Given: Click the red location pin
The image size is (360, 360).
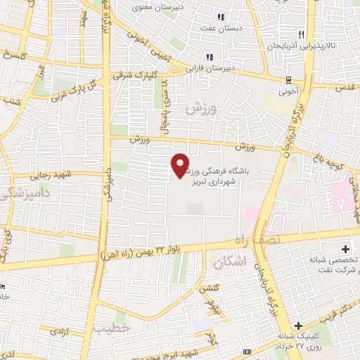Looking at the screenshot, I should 181,165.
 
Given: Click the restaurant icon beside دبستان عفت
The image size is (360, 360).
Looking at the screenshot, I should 221,17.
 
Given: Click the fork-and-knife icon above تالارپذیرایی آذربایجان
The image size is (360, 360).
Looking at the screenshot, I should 301,34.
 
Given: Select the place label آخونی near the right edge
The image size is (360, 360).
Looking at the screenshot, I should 288,91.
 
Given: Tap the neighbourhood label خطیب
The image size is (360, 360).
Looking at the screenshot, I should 111,328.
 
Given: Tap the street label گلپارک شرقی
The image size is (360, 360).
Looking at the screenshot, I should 134,73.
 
